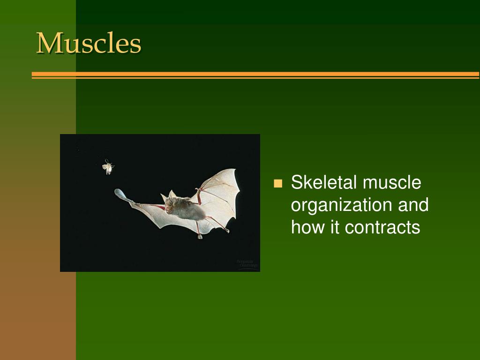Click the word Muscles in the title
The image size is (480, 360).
89,44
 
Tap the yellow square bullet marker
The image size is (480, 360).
278,183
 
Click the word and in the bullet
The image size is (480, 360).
413,205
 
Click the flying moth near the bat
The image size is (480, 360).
108,166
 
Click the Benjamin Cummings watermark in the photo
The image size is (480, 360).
247,264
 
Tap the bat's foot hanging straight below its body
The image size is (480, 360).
200,236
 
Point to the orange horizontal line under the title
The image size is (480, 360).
255,75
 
